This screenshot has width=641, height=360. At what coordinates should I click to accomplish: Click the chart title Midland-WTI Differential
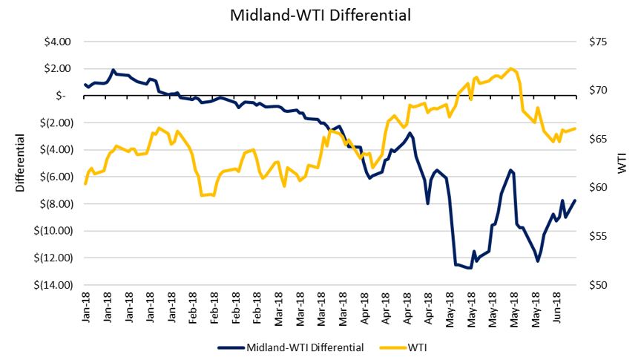click(320, 14)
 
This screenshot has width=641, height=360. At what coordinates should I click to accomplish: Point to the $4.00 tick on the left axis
click(57, 42)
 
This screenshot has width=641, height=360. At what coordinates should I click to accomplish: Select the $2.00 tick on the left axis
click(57, 68)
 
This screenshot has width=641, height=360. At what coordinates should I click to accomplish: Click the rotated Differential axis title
click(21, 163)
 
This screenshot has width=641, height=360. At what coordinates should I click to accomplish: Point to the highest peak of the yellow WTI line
click(512, 68)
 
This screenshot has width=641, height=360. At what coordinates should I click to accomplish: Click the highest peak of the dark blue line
click(113, 71)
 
